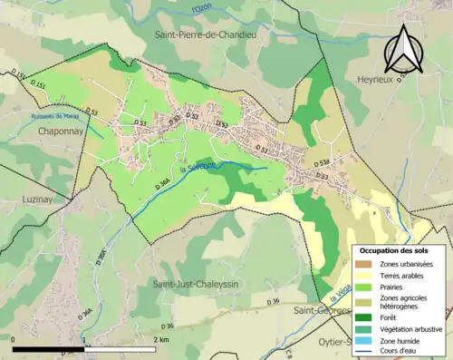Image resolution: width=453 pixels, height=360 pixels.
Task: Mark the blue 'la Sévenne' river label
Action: coord(198,169)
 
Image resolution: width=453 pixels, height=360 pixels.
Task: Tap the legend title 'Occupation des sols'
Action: coord(400,249)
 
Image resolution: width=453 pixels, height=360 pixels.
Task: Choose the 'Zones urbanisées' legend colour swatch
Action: coord(367,263)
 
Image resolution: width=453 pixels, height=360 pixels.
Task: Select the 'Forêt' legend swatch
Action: coord(367,316)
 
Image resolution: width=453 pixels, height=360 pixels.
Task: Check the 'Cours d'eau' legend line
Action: coord(367,351)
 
